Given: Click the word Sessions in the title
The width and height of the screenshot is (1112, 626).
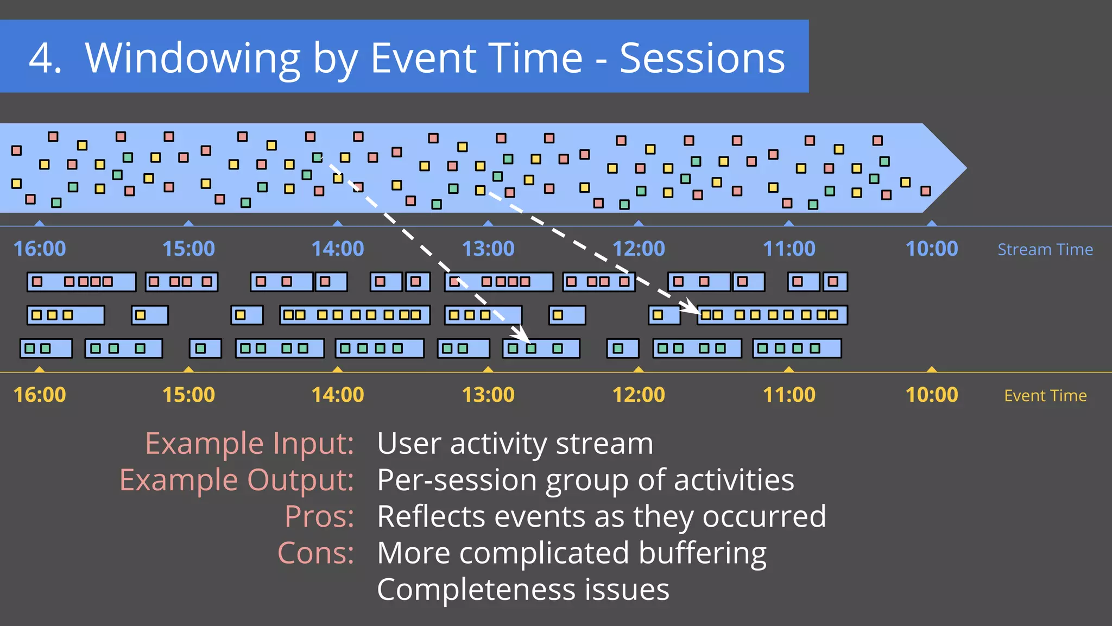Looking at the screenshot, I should (x=702, y=58).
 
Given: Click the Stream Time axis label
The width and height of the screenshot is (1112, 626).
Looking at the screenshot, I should (x=1045, y=249).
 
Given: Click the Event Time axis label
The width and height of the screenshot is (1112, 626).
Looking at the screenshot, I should (x=1045, y=395).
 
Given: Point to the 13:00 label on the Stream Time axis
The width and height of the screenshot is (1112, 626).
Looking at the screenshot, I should (x=488, y=249).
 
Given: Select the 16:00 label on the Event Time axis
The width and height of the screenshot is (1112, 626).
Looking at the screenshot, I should (x=40, y=395).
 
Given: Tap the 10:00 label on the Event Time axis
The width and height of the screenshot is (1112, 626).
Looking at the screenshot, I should (x=931, y=395).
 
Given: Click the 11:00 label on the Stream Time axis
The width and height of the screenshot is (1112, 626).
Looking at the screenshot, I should (x=788, y=249).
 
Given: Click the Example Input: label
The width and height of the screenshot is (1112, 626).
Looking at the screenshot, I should (x=249, y=444).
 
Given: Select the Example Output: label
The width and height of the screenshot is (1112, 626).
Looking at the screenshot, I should (x=236, y=480).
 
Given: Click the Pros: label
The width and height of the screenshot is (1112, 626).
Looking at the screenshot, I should (x=319, y=516).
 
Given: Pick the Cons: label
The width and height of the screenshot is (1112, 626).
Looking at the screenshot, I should (x=315, y=553).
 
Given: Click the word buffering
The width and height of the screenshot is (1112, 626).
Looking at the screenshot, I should (x=702, y=554).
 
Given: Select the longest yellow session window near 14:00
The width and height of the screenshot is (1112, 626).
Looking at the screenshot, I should (x=355, y=315).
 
